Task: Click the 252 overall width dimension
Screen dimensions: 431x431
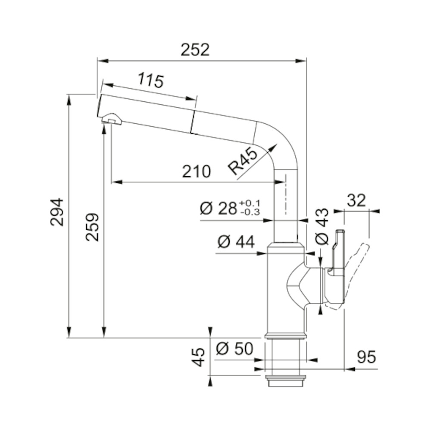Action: [x=195, y=50]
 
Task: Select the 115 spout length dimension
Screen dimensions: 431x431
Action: [x=150, y=80]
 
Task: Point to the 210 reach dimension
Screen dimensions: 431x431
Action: [x=196, y=172]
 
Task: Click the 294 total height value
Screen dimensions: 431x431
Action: [x=57, y=212]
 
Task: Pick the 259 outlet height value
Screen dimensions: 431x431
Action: [x=92, y=227]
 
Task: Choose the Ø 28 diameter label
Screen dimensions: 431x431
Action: [x=218, y=208]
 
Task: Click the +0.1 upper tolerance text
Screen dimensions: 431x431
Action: [x=250, y=203]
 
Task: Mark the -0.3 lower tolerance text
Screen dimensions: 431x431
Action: [x=250, y=212]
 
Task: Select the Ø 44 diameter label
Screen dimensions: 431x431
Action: [x=236, y=242]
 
